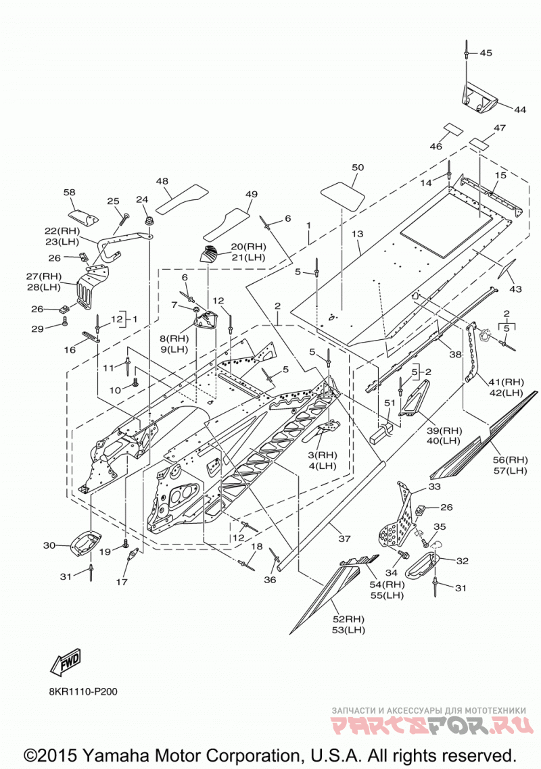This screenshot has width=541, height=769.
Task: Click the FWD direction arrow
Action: click(x=66, y=663)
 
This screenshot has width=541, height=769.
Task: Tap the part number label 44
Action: click(x=519, y=109)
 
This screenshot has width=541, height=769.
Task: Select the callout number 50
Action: click(x=358, y=167)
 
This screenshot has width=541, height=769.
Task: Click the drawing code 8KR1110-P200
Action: click(x=83, y=691)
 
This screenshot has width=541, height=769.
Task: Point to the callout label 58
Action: click(x=70, y=192)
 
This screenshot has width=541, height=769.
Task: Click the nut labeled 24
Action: click(x=147, y=221)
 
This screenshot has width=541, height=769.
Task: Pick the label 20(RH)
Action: click(x=248, y=247)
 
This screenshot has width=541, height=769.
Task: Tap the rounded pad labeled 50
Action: click(x=343, y=196)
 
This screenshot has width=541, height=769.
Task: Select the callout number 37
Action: click(x=345, y=539)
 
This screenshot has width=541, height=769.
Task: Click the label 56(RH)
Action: click(x=511, y=460)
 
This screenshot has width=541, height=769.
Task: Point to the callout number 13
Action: click(x=357, y=234)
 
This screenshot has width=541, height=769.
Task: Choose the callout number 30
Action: click(x=49, y=545)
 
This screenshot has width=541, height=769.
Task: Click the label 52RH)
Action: click(x=348, y=619)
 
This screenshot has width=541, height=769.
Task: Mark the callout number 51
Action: click(x=390, y=403)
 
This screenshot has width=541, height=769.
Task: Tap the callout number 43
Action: click(x=515, y=289)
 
